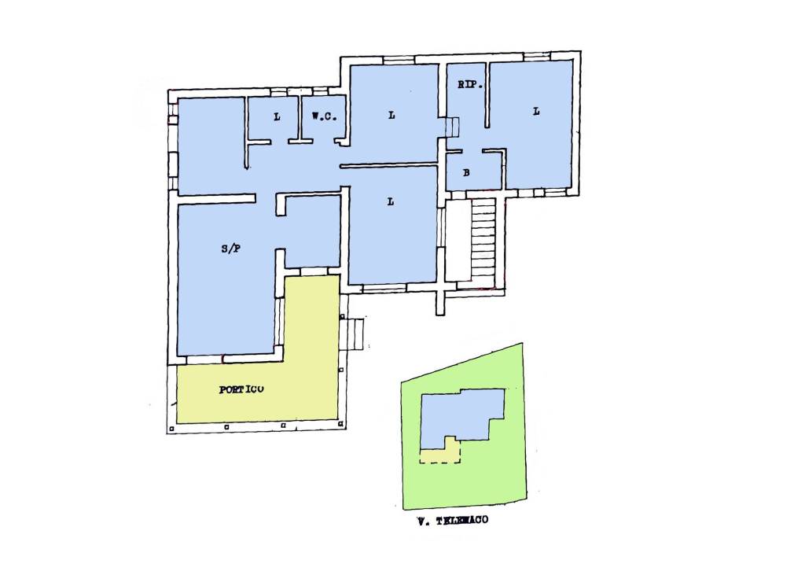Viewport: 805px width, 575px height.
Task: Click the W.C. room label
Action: [324, 116]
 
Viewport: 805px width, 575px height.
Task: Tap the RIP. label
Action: [470, 85]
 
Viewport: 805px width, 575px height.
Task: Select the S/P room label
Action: [231, 249]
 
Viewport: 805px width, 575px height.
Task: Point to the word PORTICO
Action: [241, 389]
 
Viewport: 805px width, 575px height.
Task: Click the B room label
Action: [466, 172]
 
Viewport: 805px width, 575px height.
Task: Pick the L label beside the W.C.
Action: [278, 117]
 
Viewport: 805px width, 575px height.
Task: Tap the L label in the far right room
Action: [536, 111]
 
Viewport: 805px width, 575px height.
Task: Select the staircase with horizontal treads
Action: [483, 240]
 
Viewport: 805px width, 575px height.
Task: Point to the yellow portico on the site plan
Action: [441, 452]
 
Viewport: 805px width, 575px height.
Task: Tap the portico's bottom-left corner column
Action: [172, 428]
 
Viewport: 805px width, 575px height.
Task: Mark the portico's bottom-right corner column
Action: [341, 424]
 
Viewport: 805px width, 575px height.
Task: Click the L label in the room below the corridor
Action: [391, 202]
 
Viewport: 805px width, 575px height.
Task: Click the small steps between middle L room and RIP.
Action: [452, 127]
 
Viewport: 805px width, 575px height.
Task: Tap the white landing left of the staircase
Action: [458, 240]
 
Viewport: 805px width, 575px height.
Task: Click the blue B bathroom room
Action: [473, 171]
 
